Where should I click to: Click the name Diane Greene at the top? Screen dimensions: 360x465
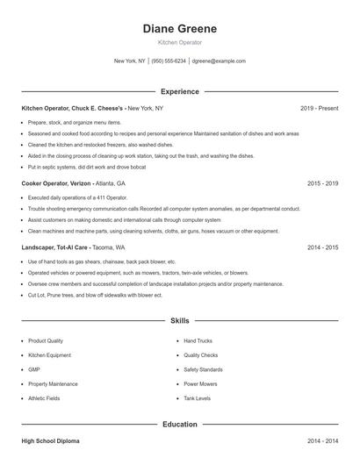pyautogui.click(x=179, y=29)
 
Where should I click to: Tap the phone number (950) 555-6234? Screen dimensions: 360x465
pyautogui.click(x=169, y=61)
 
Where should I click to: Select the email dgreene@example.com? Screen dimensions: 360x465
pyautogui.click(x=218, y=61)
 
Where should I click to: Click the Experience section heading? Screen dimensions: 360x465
pyautogui.click(x=179, y=91)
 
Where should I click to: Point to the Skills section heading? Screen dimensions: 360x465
pyautogui.click(x=179, y=321)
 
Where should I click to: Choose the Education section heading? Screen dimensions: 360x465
pyautogui.click(x=179, y=424)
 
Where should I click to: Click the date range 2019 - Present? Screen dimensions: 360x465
pyautogui.click(x=319, y=108)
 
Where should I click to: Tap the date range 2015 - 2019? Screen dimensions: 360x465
pyautogui.click(x=322, y=184)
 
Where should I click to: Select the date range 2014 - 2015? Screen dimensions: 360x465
pyautogui.click(x=322, y=247)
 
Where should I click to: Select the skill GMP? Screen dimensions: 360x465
pyautogui.click(x=33, y=369)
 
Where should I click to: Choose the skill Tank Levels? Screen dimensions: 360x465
pyautogui.click(x=197, y=397)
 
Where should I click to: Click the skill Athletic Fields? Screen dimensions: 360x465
pyautogui.click(x=44, y=397)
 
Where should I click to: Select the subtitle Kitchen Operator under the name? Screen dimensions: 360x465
pyautogui.click(x=179, y=42)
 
